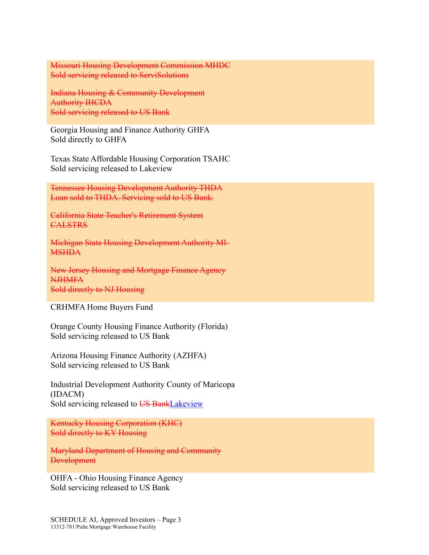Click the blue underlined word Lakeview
point(186,404)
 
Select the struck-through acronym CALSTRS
point(69,225)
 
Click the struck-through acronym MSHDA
point(65,252)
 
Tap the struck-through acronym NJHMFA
point(67,280)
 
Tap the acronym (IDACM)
point(68,394)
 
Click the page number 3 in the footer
point(179,520)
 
